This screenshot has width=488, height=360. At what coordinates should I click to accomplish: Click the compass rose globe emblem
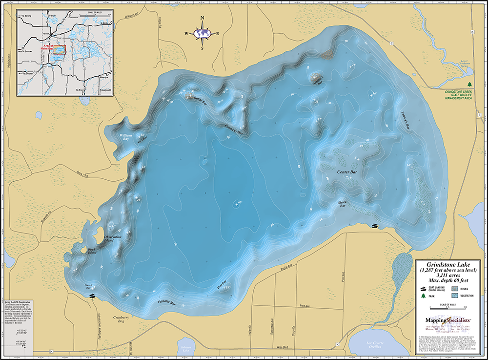[x=203, y=34]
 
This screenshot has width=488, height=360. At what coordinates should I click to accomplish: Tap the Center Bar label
[x=347, y=172]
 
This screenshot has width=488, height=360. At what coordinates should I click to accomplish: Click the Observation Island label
[x=115, y=239]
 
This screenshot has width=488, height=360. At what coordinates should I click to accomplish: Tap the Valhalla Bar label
[x=166, y=303]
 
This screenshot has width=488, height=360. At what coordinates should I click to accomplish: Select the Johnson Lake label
[x=185, y=349]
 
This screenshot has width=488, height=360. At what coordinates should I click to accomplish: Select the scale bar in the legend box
[x=447, y=308]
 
